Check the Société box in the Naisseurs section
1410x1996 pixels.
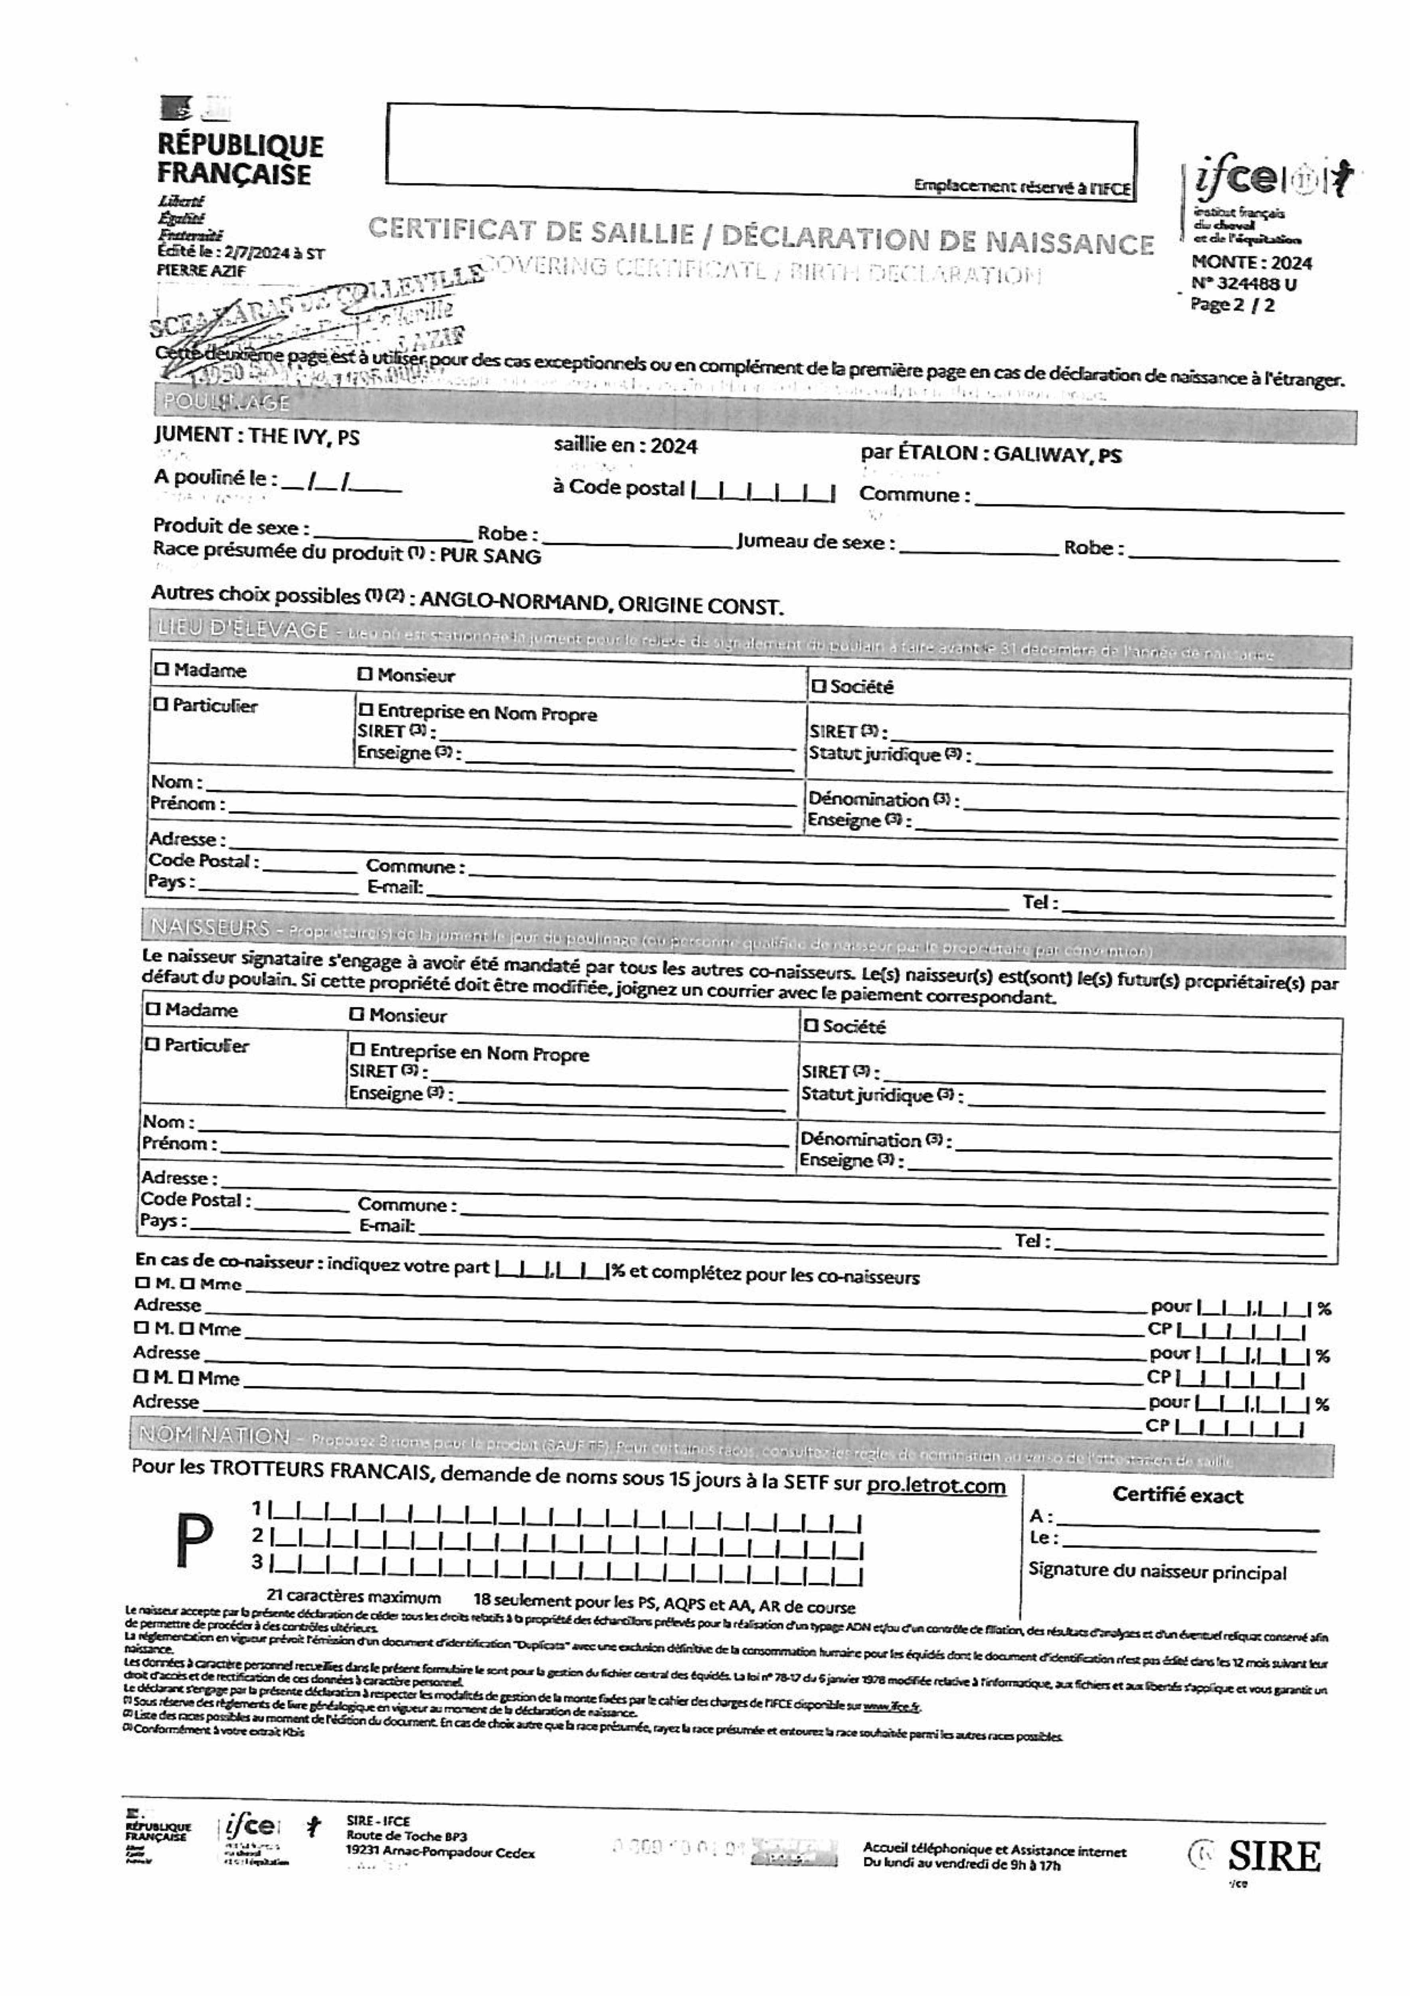[811, 1026]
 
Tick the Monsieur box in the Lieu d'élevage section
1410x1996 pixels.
[365, 674]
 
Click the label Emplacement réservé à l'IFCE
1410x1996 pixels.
[1021, 186]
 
